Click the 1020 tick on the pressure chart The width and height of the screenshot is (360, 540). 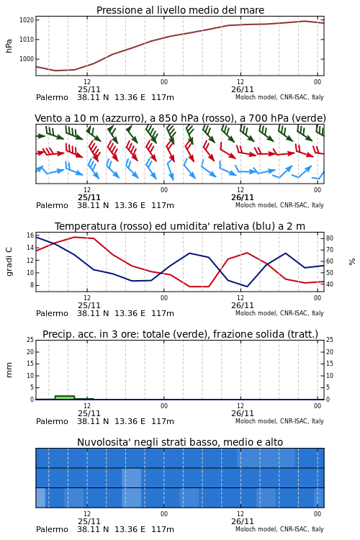27,20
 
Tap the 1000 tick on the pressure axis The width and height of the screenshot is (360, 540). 27,59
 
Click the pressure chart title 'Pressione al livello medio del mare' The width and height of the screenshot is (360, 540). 180,10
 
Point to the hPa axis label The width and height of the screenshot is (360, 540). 9,46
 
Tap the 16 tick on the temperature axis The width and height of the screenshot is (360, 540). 30,235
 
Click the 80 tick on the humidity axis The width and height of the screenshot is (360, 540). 330,238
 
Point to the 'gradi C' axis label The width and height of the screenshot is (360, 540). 9,261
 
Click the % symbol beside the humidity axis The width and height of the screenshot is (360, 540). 352,262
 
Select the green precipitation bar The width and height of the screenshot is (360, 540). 65,397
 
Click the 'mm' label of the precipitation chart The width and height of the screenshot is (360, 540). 9,370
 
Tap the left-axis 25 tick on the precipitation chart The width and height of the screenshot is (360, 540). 30,340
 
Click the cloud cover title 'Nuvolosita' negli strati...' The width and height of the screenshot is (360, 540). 180,442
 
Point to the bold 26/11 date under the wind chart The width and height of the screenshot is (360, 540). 243,198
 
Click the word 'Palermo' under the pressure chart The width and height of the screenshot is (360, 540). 52,98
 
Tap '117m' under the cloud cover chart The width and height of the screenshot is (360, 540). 163,530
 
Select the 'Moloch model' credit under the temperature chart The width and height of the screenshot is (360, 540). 256,313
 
